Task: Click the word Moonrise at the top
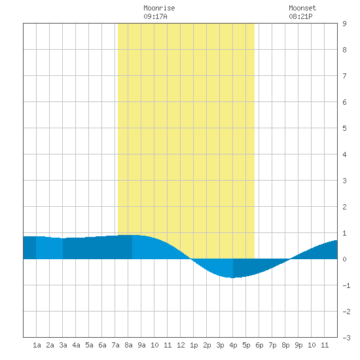[159, 8]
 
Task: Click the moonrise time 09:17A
[155, 16]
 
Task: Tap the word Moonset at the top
[302, 8]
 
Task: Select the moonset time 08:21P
[300, 16]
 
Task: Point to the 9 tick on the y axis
[344, 24]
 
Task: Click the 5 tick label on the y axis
[344, 128]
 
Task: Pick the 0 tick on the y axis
[344, 259]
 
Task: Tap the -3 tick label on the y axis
[346, 338]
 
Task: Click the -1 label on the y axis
[346, 285]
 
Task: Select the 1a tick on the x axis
[37, 345]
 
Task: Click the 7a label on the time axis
[115, 345]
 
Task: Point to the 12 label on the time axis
[181, 345]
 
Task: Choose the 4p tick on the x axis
[233, 345]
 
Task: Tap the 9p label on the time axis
[298, 345]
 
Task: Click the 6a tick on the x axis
[102, 345]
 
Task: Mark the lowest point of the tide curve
[232, 278]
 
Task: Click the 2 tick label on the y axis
[344, 207]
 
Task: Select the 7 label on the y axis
[344, 76]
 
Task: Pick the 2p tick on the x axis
[207, 345]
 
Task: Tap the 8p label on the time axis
[285, 345]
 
